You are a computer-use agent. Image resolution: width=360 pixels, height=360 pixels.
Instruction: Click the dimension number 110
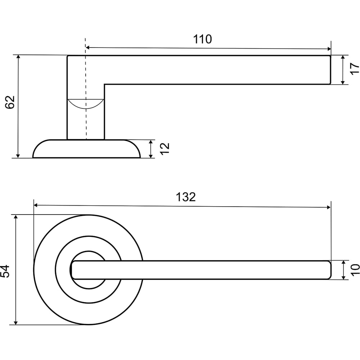coord(202,39)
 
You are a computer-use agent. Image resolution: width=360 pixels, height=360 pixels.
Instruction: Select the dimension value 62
coord(10,102)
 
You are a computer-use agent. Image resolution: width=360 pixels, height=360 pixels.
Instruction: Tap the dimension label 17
coord(355,68)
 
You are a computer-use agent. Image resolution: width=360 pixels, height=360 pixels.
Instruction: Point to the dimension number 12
coord(165,149)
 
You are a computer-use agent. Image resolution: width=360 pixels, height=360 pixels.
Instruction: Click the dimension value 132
coord(186,197)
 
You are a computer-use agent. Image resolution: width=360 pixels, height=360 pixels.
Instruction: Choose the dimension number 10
coord(355,270)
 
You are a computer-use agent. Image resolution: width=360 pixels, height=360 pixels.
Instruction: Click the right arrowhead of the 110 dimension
coord(329,49)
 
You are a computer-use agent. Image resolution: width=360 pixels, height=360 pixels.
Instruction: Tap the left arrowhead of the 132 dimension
coord(36,205)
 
